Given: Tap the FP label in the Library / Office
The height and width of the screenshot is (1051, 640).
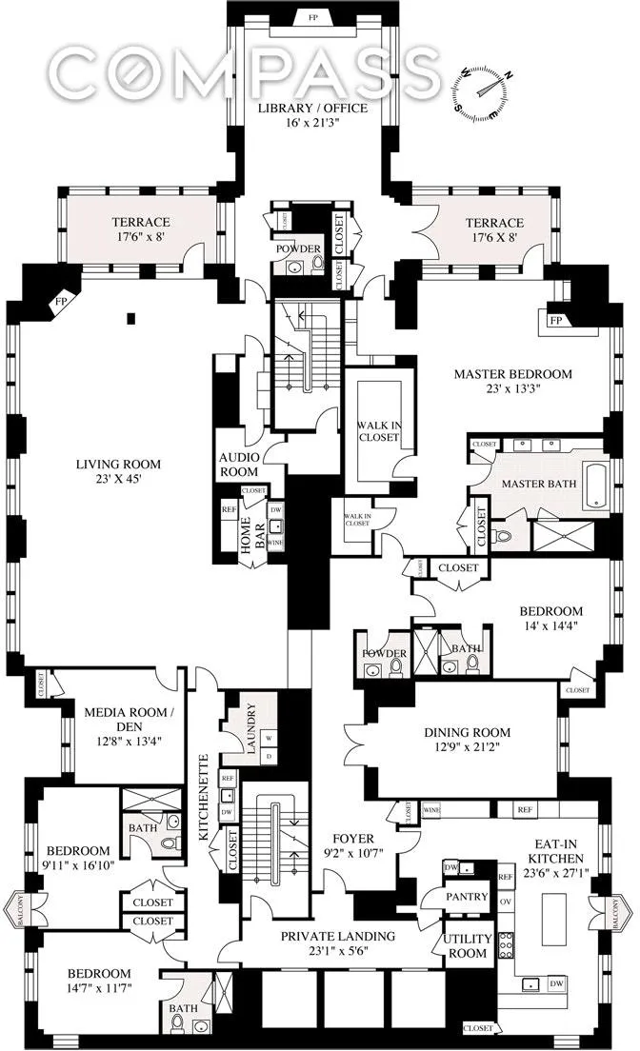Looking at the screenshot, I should pyautogui.click(x=313, y=17).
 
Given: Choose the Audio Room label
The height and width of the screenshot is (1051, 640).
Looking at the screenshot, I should pyautogui.click(x=239, y=464).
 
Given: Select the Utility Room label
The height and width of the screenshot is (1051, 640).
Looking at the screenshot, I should pyautogui.click(x=467, y=945).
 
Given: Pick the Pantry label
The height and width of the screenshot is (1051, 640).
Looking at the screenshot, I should pyautogui.click(x=467, y=897).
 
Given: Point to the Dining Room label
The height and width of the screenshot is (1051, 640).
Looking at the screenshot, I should pyautogui.click(x=467, y=732).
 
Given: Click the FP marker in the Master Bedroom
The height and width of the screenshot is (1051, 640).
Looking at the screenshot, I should pyautogui.click(x=556, y=320).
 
